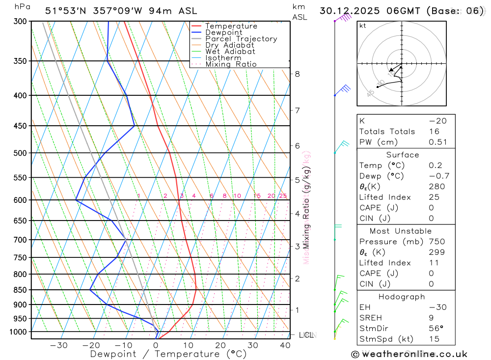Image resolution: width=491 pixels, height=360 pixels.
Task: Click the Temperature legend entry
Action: [x=231, y=26]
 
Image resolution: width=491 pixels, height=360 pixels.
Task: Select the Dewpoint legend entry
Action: [x=224, y=32]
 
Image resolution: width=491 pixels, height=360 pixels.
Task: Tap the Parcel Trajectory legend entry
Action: [x=241, y=39]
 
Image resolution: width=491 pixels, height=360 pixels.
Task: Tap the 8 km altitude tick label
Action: [x=297, y=74]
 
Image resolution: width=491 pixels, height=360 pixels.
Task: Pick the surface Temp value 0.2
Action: [x=435, y=166]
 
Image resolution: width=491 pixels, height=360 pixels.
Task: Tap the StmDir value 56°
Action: [x=435, y=328]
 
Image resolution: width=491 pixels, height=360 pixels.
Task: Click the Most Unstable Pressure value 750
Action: [x=436, y=242]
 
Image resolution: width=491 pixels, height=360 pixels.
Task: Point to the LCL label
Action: [x=306, y=335]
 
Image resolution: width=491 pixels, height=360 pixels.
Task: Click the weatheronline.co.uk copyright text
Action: [x=409, y=354]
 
